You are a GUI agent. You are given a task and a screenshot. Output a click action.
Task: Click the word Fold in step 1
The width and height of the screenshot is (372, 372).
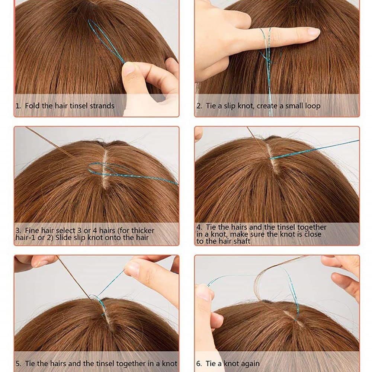(x=32, y=106)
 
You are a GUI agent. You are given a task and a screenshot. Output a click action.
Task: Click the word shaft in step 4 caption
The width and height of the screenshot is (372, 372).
(x=242, y=241)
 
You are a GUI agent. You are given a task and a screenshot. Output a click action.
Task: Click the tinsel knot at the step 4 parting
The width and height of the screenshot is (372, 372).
(x=270, y=158)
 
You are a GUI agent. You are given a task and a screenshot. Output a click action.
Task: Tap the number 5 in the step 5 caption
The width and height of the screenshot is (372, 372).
(x=18, y=363)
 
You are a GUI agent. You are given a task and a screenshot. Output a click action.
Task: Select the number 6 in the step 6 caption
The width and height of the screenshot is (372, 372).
(x=199, y=364)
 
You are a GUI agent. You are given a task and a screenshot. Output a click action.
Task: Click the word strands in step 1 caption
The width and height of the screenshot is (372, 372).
(x=102, y=106)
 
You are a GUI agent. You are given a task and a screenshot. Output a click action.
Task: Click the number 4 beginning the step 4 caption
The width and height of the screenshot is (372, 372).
(x=199, y=227)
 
